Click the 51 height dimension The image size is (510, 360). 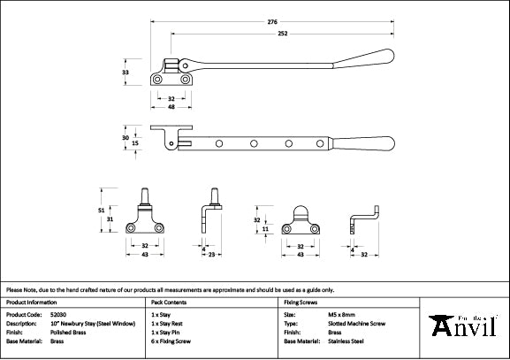pos(101,210)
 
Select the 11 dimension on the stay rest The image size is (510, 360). pos(266,228)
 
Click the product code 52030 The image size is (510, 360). pos(59,314)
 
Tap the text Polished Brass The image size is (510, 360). pos(69,332)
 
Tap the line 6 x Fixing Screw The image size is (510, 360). pos(171,341)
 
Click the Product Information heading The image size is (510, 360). pos(31,301)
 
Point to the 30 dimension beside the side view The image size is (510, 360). pos(125,137)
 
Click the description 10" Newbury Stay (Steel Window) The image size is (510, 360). pos(93,323)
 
